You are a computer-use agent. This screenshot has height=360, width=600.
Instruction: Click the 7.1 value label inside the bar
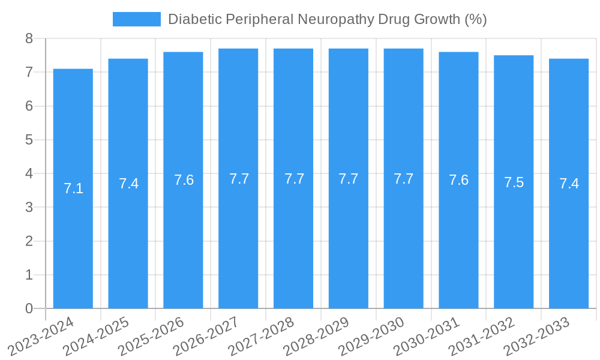(73, 188)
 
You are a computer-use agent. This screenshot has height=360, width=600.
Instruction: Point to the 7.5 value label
(514, 182)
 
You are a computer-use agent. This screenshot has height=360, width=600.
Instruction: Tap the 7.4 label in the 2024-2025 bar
(128, 184)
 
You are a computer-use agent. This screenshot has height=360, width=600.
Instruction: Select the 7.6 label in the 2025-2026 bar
(184, 180)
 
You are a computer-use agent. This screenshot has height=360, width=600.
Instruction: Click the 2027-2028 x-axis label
(262, 335)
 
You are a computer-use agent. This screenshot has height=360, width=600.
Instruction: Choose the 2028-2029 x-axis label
(317, 335)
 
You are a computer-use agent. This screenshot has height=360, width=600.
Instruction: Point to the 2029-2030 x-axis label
(373, 335)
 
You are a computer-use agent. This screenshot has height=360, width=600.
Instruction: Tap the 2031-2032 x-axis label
(482, 335)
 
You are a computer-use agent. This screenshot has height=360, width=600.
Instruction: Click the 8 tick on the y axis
(29, 38)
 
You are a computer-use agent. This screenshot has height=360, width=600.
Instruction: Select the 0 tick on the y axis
(29, 308)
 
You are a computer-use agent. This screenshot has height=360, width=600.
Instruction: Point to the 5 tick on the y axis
(29, 140)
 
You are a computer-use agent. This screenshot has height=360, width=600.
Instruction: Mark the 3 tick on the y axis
(29, 208)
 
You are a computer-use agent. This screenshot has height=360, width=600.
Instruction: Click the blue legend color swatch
(137, 19)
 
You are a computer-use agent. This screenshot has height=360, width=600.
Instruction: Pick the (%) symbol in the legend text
(476, 19)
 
